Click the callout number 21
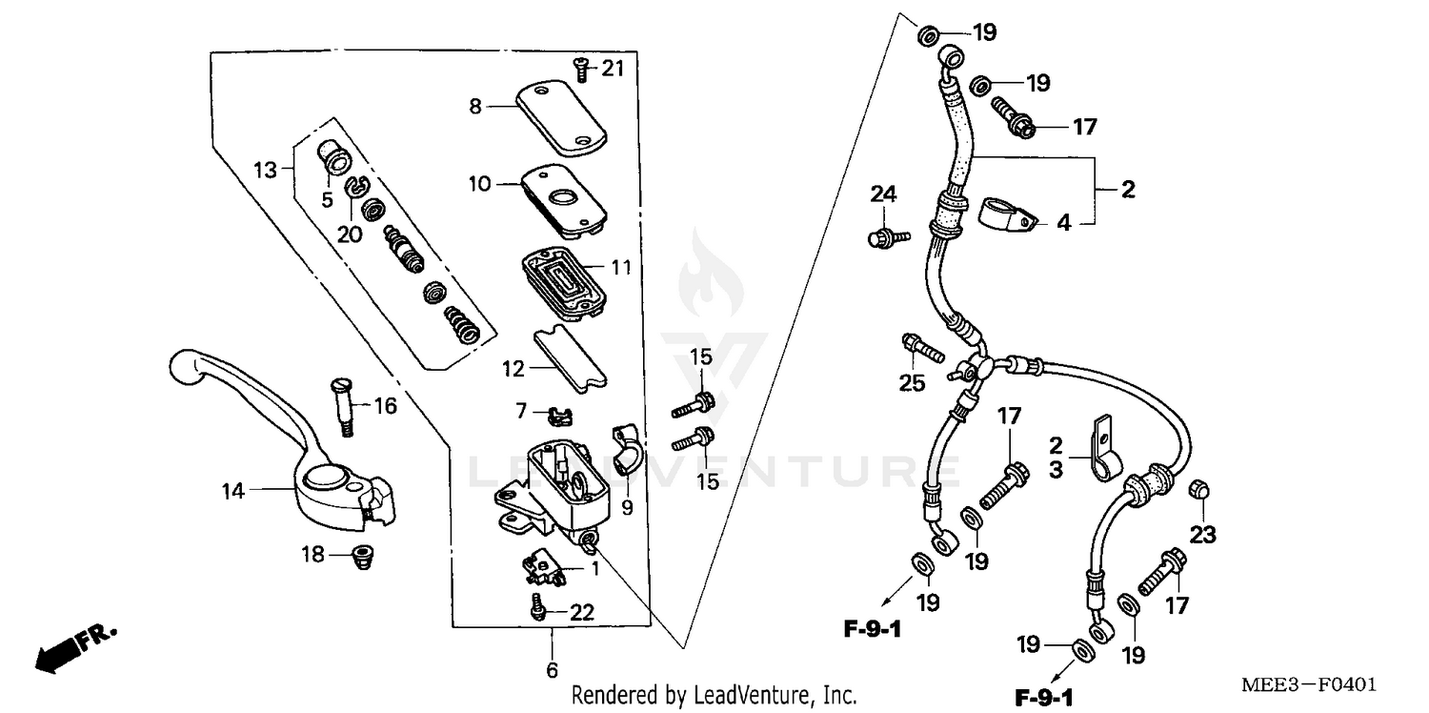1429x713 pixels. (612, 67)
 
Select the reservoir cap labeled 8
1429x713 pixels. (563, 116)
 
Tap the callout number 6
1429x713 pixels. (552, 669)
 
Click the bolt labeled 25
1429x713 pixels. (920, 349)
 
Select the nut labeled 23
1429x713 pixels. (1200, 490)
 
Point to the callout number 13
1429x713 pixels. (267, 170)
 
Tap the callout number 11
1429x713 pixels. (620, 269)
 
